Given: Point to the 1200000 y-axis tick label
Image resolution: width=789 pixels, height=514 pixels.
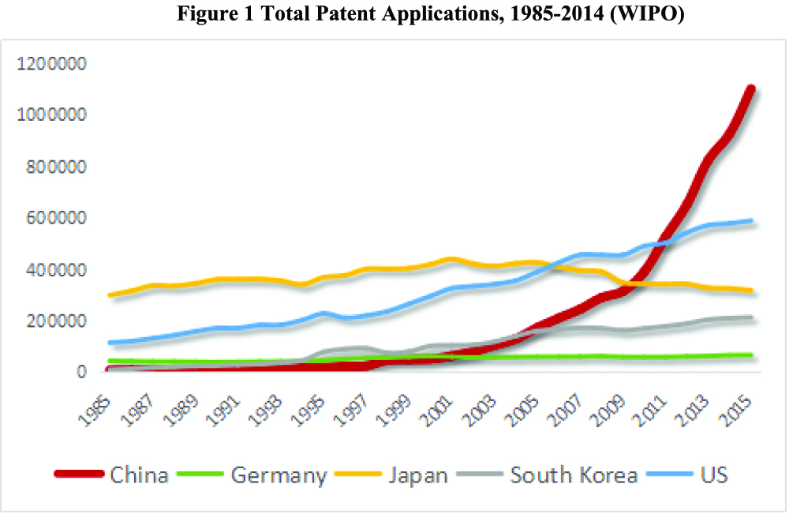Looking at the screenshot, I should click(54, 64).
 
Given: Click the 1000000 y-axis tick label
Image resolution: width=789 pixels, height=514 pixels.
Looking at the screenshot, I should click(54, 115).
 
